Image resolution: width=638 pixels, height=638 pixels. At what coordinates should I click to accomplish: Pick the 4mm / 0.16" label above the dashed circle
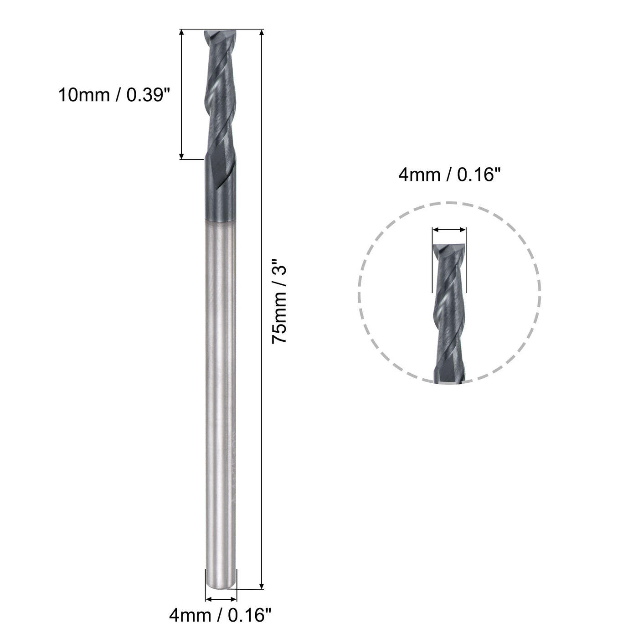click(446, 175)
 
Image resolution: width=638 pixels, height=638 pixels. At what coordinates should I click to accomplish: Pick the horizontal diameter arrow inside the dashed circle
click(449, 230)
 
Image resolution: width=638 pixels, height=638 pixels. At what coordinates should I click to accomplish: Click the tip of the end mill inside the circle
click(448, 247)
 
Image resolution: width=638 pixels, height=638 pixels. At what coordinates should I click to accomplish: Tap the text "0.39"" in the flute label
click(146, 95)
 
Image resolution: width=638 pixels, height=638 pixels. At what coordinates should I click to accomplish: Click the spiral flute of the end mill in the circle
click(448, 305)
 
